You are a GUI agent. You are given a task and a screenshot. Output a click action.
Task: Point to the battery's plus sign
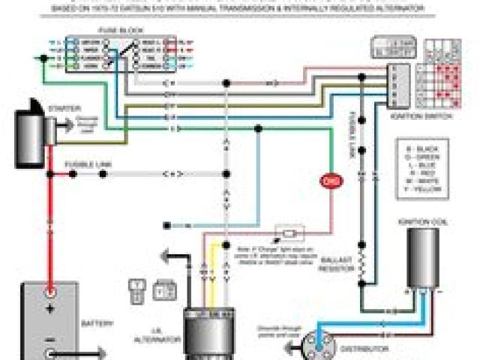pos(50,308)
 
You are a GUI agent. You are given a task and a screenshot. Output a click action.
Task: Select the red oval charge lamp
pos(329,181)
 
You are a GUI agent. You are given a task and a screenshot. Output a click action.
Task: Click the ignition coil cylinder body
pos(424,259)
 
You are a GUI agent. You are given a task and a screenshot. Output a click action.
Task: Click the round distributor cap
pos(316,344)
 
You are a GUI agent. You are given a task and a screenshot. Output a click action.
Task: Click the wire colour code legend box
pos(425,168)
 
